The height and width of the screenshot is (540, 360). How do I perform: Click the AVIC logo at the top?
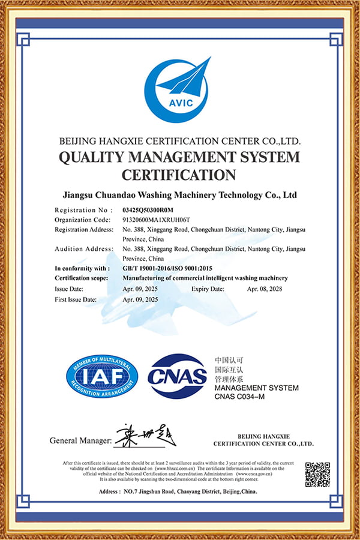(177, 91)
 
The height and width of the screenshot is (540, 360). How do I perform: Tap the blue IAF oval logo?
(101, 377)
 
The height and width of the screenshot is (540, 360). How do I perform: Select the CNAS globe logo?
(178, 377)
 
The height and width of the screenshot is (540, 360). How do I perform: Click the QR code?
(317, 475)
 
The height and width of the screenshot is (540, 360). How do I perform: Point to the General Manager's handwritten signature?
(145, 436)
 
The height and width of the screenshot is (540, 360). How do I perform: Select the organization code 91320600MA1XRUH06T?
(155, 220)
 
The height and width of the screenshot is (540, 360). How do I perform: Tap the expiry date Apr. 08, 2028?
(265, 289)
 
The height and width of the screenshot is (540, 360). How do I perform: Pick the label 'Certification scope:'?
(82, 278)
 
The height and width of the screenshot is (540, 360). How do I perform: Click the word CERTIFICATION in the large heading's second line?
(179, 175)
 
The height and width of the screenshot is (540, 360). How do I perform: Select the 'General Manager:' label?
(80, 441)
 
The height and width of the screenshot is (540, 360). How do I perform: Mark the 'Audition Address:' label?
(83, 249)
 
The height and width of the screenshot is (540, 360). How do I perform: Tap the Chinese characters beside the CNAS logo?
(229, 370)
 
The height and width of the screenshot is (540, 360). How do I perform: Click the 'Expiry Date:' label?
(208, 289)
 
